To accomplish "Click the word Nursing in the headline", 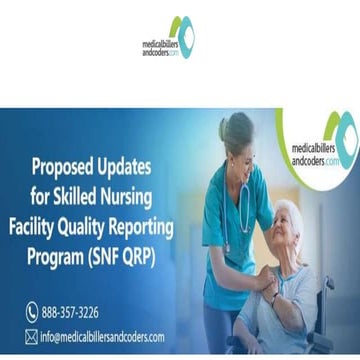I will [x=136, y=195].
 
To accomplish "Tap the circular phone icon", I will [x=32, y=313].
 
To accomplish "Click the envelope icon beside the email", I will [x=32, y=337].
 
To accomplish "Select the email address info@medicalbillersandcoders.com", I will [x=102, y=337].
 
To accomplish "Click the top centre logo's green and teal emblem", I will [x=181, y=32].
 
